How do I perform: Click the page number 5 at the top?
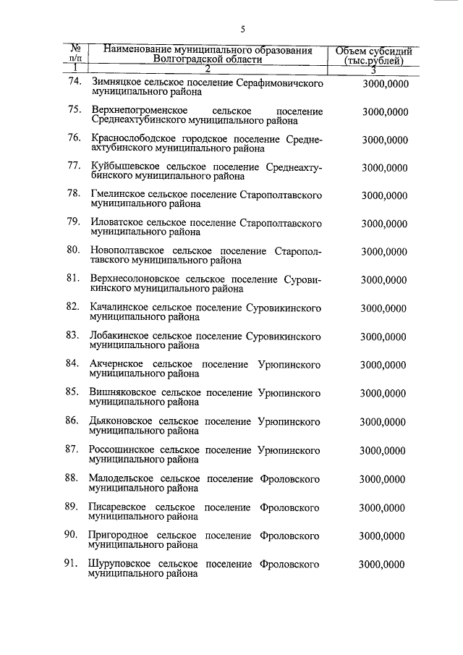(243, 30)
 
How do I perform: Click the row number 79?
(73, 223)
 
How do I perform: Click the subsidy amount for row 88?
(383, 478)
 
